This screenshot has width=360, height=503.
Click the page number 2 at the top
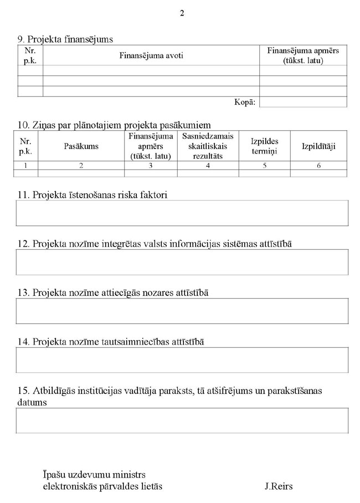pyautogui.click(x=182, y=13)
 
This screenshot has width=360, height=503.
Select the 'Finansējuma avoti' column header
pyautogui.click(x=151, y=55)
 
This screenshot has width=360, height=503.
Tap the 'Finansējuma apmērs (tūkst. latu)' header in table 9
pyautogui.click(x=303, y=55)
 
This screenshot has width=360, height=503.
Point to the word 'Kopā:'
pyautogui.click(x=245, y=102)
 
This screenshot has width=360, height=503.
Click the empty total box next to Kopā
pyautogui.click(x=303, y=102)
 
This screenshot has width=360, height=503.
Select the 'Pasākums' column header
pyautogui.click(x=81, y=146)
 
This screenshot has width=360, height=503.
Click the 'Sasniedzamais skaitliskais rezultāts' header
pyautogui.click(x=208, y=146)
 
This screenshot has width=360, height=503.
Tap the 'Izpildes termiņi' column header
pyautogui.click(x=264, y=146)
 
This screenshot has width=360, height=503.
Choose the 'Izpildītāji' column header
pyautogui.click(x=318, y=146)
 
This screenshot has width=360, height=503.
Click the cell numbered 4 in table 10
pyautogui.click(x=208, y=166)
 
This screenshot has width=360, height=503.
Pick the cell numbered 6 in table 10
pyautogui.click(x=318, y=166)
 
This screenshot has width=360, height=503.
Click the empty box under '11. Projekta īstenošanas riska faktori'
pyautogui.click(x=182, y=213)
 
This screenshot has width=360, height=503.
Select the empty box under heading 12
pyautogui.click(x=182, y=262)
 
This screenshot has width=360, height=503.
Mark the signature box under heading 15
pyautogui.click(x=182, y=420)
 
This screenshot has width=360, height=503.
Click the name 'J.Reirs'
pyautogui.click(x=279, y=486)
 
